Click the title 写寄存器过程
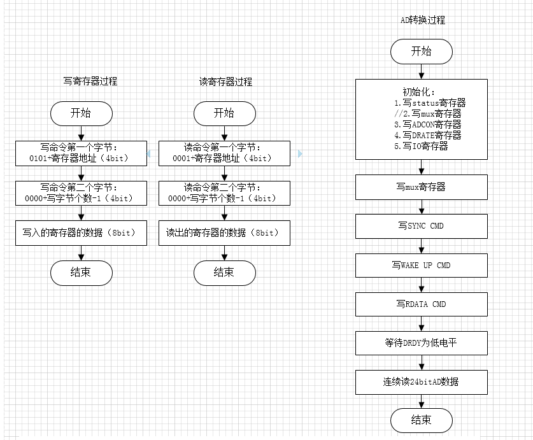(90, 82)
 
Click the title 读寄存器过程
(225, 82)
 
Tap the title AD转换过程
(422, 20)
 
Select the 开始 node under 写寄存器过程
(81, 113)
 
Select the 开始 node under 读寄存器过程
(224, 113)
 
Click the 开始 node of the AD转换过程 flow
(421, 52)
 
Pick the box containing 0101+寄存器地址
(81, 153)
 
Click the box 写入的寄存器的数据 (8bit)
(81, 233)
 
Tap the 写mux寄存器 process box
(421, 187)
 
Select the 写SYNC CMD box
(421, 226)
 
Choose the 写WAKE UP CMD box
(421, 265)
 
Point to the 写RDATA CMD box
(421, 304)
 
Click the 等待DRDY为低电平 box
(421, 343)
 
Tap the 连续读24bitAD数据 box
(421, 382)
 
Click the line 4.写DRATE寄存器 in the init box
(427, 135)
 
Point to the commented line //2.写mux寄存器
(427, 113)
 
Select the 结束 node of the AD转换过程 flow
(421, 420)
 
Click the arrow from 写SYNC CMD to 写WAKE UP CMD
(422, 246)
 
